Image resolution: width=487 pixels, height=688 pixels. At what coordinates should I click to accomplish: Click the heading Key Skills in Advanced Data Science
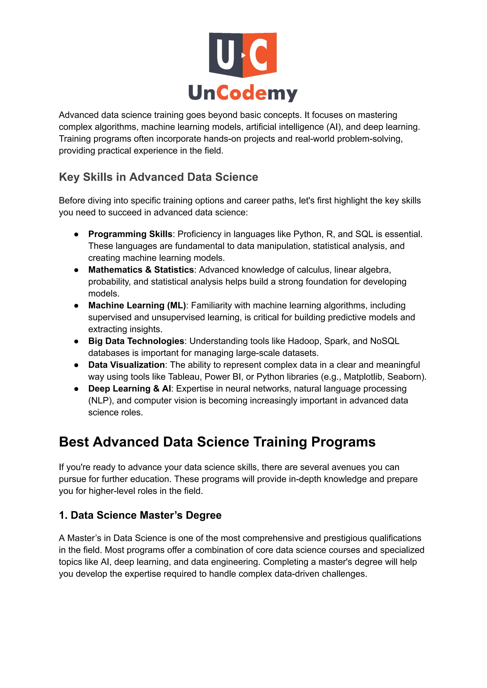click(158, 177)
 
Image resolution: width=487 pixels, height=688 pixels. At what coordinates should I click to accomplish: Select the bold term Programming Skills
click(130, 234)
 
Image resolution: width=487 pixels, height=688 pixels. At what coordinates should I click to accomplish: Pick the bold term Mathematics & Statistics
click(141, 270)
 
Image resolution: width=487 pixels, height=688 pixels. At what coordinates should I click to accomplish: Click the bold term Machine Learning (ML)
click(137, 305)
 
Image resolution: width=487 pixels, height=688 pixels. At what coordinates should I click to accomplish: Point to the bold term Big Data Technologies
click(136, 341)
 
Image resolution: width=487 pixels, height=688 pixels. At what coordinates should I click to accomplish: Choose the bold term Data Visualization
click(126, 365)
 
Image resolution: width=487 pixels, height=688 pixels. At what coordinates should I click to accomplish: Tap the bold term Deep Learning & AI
click(130, 388)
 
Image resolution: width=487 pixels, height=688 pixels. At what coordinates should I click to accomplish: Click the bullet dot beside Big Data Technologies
click(77, 341)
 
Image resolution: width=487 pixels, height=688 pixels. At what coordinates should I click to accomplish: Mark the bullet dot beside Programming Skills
click(77, 234)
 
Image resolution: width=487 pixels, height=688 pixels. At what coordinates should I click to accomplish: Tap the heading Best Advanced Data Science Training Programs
click(217, 442)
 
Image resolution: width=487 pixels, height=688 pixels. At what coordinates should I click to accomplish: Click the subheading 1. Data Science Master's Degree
click(140, 515)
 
